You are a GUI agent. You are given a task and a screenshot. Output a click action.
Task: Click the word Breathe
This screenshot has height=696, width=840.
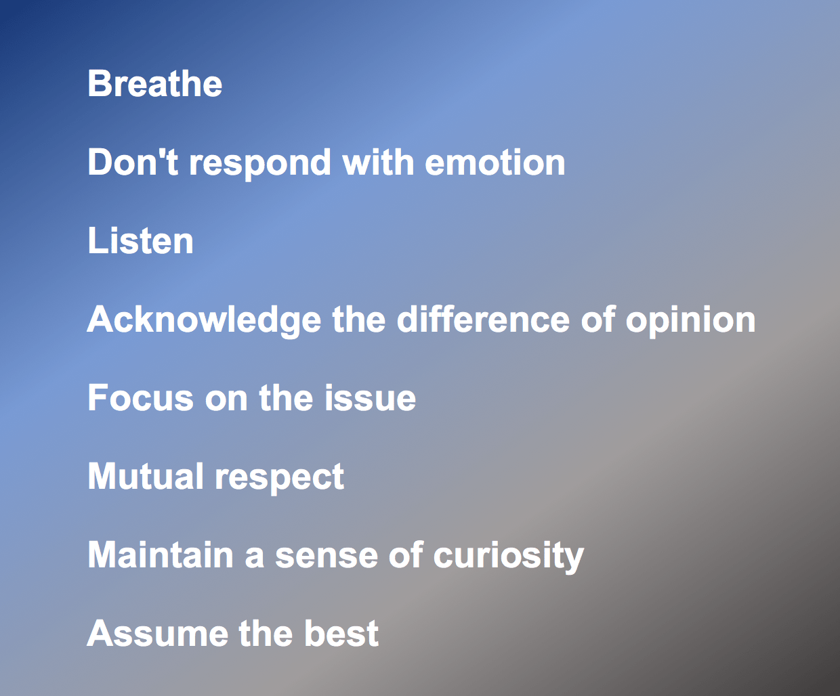click(155, 83)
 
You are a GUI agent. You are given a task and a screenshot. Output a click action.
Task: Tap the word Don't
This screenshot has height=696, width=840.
click(133, 162)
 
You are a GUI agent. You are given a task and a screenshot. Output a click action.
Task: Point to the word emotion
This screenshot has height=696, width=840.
click(495, 162)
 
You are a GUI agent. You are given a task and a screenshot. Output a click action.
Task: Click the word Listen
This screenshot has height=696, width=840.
click(140, 240)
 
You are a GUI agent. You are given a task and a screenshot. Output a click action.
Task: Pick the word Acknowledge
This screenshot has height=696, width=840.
click(204, 322)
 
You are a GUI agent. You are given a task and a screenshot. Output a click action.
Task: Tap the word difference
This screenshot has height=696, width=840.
click(484, 319)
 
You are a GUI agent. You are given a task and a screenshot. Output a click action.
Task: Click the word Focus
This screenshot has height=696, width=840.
click(140, 397)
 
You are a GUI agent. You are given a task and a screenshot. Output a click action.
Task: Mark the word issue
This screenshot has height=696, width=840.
click(370, 397)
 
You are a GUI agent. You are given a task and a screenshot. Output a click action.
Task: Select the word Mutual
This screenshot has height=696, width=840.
click(145, 476)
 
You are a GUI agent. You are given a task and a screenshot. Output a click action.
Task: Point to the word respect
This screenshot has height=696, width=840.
click(280, 479)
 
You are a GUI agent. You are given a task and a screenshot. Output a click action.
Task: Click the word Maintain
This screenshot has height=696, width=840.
click(161, 554)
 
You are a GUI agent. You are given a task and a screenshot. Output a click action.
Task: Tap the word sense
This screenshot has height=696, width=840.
click(327, 557)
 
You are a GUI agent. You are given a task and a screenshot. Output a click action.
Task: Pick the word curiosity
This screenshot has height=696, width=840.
click(509, 557)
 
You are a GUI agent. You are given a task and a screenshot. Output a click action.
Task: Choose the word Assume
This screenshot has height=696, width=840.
click(158, 633)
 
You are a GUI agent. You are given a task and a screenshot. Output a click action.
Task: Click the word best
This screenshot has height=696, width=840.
click(341, 633)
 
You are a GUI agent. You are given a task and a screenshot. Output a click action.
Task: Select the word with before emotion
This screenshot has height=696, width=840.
click(378, 162)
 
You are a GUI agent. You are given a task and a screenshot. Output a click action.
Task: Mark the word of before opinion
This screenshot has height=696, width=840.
click(598, 319)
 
